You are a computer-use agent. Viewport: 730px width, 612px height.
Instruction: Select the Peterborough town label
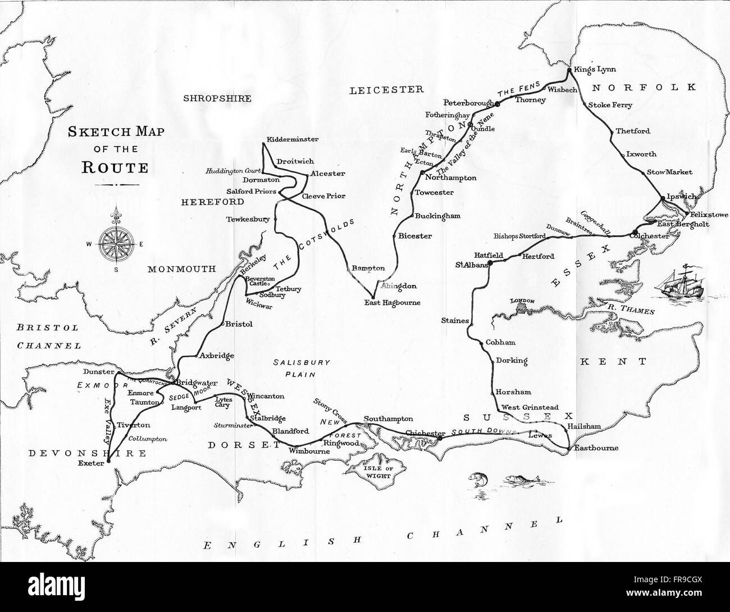click(x=468, y=103)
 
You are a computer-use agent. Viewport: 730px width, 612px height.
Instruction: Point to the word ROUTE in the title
click(x=115, y=167)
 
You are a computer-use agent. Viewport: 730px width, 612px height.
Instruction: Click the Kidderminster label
click(x=293, y=139)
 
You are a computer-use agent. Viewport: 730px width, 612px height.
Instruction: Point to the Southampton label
click(x=388, y=419)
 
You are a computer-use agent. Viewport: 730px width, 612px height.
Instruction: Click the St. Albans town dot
click(x=490, y=262)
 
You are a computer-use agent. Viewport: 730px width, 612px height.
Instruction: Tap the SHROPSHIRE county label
click(x=217, y=98)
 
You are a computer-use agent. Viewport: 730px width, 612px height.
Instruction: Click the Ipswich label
click(x=681, y=197)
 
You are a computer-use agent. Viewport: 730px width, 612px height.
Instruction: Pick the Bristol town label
click(x=238, y=324)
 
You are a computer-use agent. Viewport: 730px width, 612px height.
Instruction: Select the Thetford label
click(x=633, y=132)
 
